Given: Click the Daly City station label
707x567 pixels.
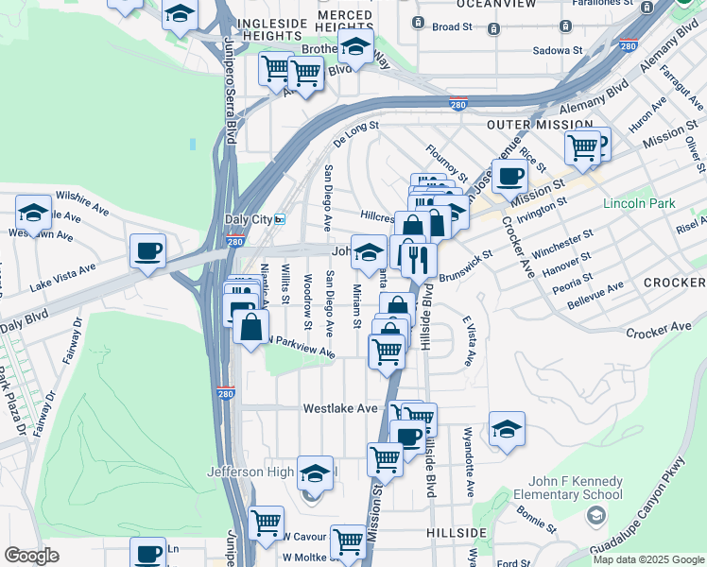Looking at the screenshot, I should [248, 219].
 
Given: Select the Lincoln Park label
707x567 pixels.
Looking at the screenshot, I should [640, 203].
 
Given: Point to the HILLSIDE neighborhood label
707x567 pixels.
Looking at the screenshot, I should [457, 534].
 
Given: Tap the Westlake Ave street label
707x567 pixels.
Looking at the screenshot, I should [340, 409].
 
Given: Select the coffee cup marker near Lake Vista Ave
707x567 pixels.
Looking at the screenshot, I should [147, 251].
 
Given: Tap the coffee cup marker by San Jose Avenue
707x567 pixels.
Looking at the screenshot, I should [509, 176].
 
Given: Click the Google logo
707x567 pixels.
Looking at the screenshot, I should [31, 555].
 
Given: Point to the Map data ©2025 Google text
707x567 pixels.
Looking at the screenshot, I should [648, 559].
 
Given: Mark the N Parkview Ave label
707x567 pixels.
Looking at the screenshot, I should [301, 348].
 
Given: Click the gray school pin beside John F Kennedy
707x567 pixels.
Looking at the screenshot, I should [595, 515].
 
